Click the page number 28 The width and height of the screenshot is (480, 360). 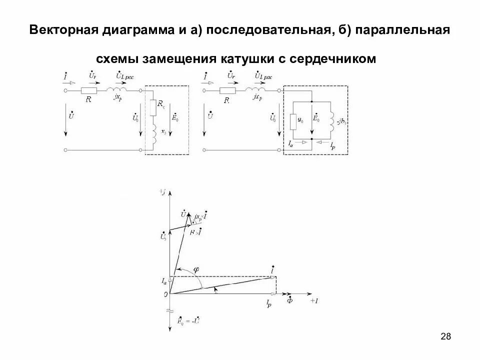446,337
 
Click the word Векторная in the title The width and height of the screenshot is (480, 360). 63,29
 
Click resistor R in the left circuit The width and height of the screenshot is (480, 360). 88,91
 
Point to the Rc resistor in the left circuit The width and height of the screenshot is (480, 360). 153,106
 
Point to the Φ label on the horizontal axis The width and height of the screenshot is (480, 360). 290,301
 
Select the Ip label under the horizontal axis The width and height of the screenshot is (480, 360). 268,302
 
